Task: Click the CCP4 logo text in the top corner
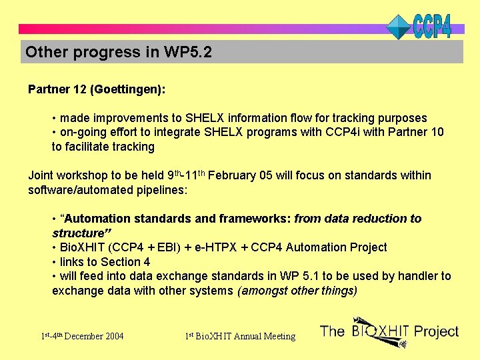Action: click(x=432, y=25)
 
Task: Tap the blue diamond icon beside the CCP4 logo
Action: click(x=399, y=27)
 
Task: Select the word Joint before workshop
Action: click(x=41, y=175)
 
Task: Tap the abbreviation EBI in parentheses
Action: click(x=168, y=247)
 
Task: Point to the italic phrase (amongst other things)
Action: click(x=297, y=291)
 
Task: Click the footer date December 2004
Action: click(x=94, y=336)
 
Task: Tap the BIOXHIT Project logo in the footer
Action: click(x=389, y=331)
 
